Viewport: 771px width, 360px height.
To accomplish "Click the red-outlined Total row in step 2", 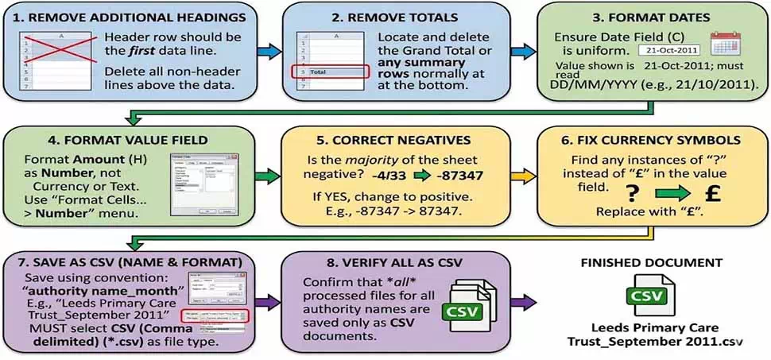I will (333, 72).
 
